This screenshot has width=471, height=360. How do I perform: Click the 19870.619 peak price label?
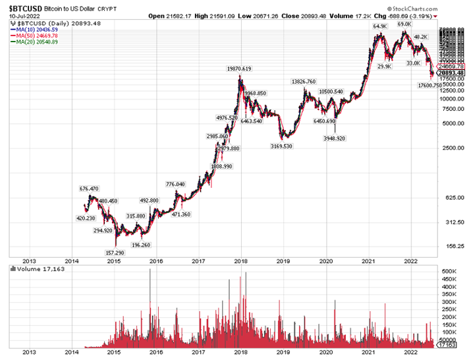coord(238,69)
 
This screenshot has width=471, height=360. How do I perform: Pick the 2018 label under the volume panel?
coord(241,353)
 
